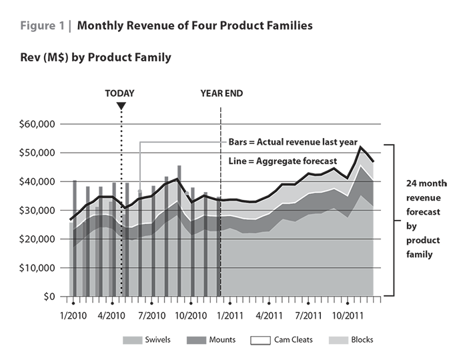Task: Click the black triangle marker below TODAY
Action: (121, 106)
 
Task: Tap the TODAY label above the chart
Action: (120, 93)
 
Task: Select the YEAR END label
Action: (221, 93)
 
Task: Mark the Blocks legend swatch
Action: (340, 340)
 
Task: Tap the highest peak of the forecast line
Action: (361, 147)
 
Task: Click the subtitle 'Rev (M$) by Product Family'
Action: (95, 58)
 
